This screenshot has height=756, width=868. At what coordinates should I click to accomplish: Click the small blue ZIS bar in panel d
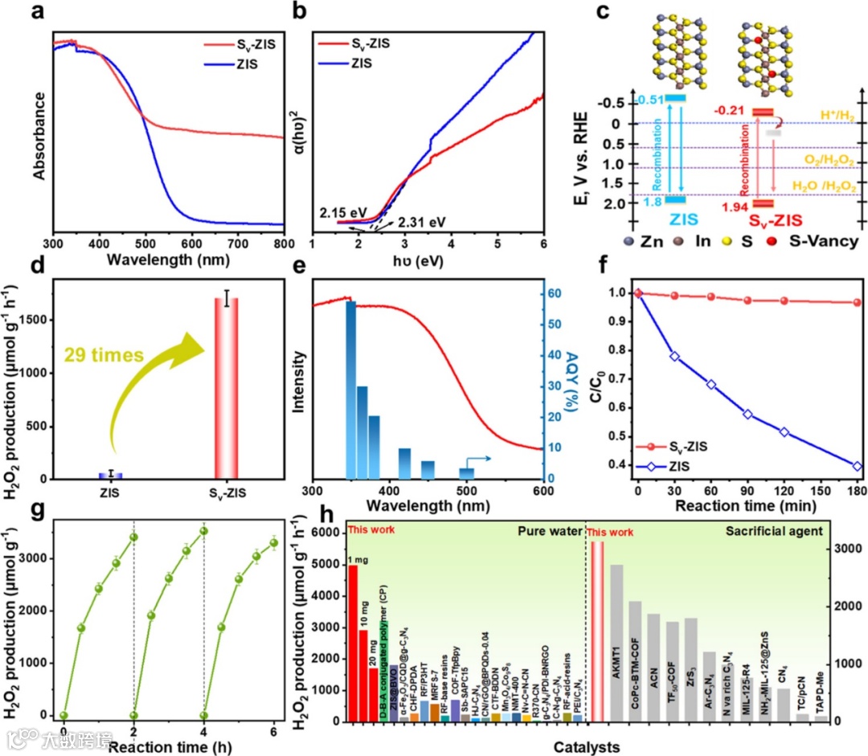tap(111, 475)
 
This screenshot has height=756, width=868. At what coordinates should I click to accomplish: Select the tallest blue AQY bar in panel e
tap(350, 390)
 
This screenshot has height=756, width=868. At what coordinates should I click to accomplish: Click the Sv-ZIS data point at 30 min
tap(674, 296)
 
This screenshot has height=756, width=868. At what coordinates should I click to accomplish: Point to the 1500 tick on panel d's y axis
tap(32, 320)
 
